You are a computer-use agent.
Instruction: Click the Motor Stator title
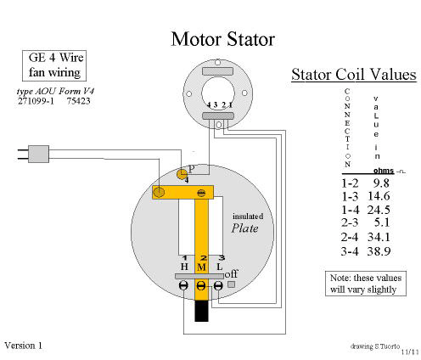click(223, 39)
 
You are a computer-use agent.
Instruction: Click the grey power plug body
click(39, 154)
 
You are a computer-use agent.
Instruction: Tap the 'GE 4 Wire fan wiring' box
click(54, 65)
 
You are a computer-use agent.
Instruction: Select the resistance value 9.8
click(381, 183)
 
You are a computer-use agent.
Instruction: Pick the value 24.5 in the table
click(379, 210)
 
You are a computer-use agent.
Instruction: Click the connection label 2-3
click(350, 222)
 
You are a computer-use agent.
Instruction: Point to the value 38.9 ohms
click(379, 251)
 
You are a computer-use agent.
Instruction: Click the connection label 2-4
click(350, 237)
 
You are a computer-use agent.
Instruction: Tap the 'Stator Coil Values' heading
click(354, 75)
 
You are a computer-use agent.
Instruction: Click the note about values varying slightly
click(366, 284)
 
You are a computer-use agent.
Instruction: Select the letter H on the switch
click(184, 267)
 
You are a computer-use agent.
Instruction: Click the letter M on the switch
click(201, 267)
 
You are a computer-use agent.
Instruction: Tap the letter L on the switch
click(220, 267)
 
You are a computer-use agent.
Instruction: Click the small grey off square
click(232, 284)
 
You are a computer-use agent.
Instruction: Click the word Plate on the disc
click(245, 228)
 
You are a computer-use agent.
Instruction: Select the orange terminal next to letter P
click(182, 174)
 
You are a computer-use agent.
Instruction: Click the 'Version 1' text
click(24, 346)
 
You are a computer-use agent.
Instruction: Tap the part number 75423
click(79, 101)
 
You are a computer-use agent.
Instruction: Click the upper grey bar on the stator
click(218, 71)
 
